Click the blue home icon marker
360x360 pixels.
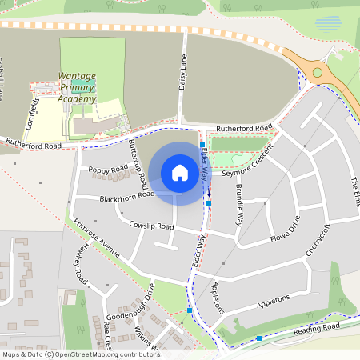click(x=180, y=173)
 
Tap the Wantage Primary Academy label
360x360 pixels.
click(x=78, y=88)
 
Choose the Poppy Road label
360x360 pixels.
click(x=108, y=170)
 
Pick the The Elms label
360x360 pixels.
click(x=352, y=193)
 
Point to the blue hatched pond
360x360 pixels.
click(x=327, y=24)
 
